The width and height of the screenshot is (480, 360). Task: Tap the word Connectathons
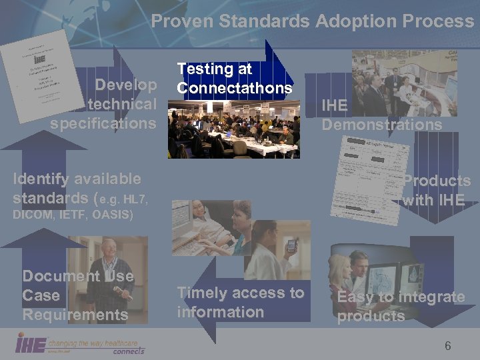[x=234, y=88]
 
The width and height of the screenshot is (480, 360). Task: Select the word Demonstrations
[x=381, y=125]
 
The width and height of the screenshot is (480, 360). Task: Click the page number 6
[x=447, y=345]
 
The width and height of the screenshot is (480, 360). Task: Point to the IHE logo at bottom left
[x=31, y=344]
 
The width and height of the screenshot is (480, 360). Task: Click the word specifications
[x=103, y=123]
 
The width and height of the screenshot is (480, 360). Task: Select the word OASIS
[x=112, y=215]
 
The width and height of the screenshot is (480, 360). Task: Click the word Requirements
[x=75, y=315]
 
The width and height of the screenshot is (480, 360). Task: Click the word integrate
[x=432, y=297]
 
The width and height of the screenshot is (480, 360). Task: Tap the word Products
[x=437, y=181]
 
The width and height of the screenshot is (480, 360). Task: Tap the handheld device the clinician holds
[x=291, y=245]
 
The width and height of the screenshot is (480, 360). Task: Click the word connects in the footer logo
[x=128, y=350]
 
